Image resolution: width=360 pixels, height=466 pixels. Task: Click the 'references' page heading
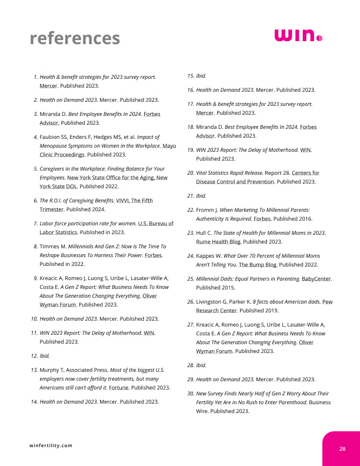click(75, 38)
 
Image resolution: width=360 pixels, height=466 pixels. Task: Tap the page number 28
click(342, 449)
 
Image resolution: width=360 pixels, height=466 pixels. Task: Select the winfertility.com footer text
click(51, 445)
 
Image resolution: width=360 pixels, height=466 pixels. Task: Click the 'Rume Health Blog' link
click(218, 241)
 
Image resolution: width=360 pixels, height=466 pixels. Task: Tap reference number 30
click(191, 392)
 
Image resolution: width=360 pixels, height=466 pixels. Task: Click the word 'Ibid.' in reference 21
click(201, 195)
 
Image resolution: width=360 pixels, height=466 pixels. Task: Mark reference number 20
click(191, 173)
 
